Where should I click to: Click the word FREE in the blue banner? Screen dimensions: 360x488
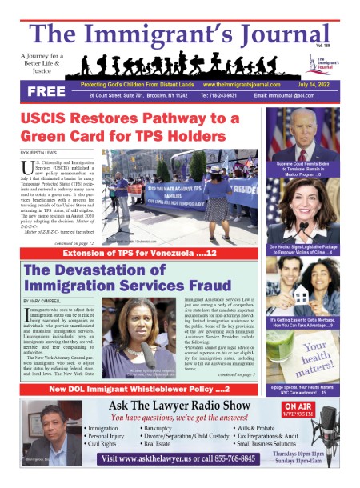click(46, 91)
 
